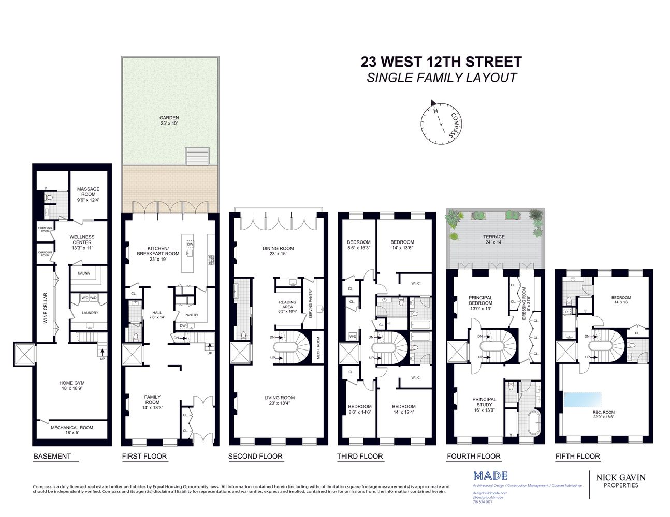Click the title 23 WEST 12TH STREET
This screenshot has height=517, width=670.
pyautogui.click(x=441, y=62)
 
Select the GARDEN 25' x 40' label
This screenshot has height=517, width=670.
pyautogui.click(x=169, y=121)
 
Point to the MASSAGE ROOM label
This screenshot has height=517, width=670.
pyautogui.click(x=88, y=192)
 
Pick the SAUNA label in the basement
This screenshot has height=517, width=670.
pyautogui.click(x=84, y=273)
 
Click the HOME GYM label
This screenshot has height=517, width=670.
pyautogui.click(x=72, y=386)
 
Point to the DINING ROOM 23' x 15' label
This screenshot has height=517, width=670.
pyautogui.click(x=278, y=251)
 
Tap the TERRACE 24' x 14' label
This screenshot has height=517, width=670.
pyautogui.click(x=494, y=239)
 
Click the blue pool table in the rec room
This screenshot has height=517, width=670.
pyautogui.click(x=582, y=400)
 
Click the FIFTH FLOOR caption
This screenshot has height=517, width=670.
pyautogui.click(x=577, y=457)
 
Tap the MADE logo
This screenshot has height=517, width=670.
pyautogui.click(x=490, y=476)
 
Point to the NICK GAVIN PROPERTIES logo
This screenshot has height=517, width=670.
pyautogui.click(x=620, y=481)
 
